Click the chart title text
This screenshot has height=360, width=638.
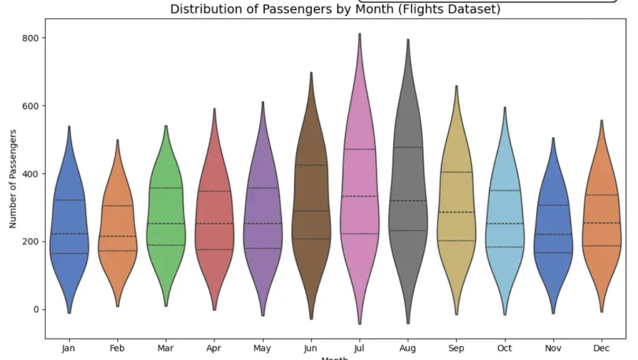click(x=335, y=10)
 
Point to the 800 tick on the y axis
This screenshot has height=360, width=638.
click(x=31, y=38)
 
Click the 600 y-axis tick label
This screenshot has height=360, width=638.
click(x=31, y=106)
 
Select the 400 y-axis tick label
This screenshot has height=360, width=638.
click(x=31, y=174)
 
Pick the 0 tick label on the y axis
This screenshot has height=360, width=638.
click(x=37, y=310)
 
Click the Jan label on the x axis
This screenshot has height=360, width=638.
click(x=68, y=348)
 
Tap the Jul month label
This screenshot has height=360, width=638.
click(x=359, y=348)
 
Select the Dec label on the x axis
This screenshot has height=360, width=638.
click(x=601, y=348)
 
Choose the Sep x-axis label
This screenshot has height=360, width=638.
click(x=456, y=348)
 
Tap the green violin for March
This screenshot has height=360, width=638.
click(x=165, y=204)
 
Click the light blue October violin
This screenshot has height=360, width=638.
click(x=505, y=204)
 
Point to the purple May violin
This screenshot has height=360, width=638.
click(x=262, y=204)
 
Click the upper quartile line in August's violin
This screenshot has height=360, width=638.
click(x=408, y=147)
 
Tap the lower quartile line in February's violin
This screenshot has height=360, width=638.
click(x=117, y=251)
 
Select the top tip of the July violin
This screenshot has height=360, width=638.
click(x=359, y=34)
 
